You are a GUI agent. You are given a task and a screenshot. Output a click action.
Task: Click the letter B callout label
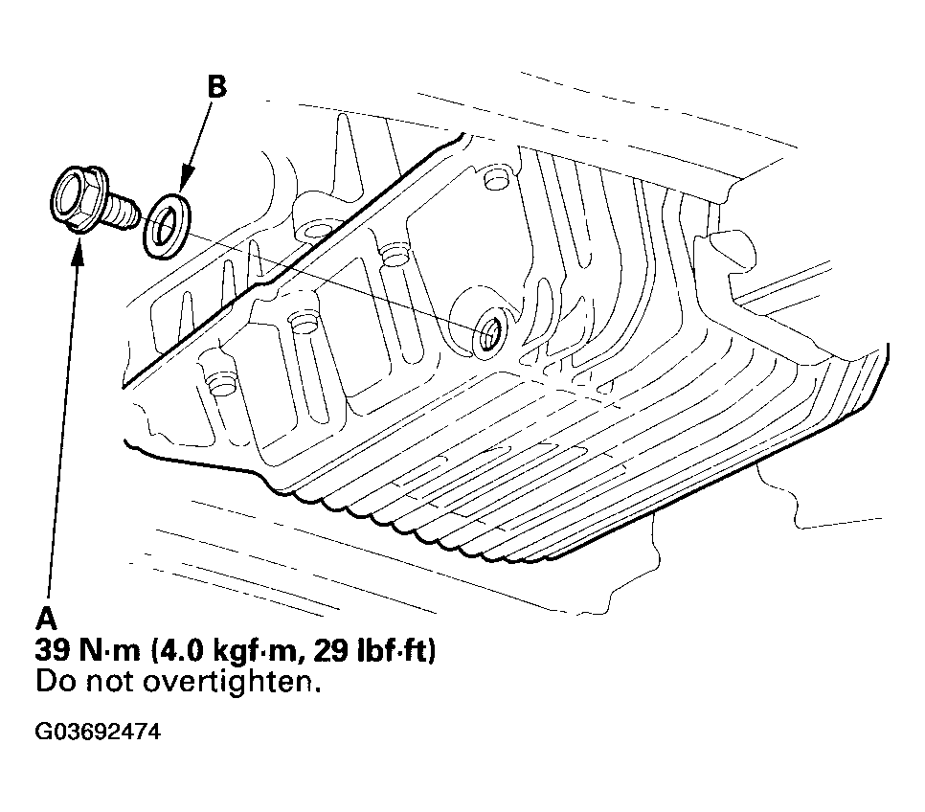tap(218, 87)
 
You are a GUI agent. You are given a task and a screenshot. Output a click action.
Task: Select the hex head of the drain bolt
tap(79, 197)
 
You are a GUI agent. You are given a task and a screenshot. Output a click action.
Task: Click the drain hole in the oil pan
tap(489, 332)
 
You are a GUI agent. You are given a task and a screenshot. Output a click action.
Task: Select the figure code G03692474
tap(97, 733)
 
